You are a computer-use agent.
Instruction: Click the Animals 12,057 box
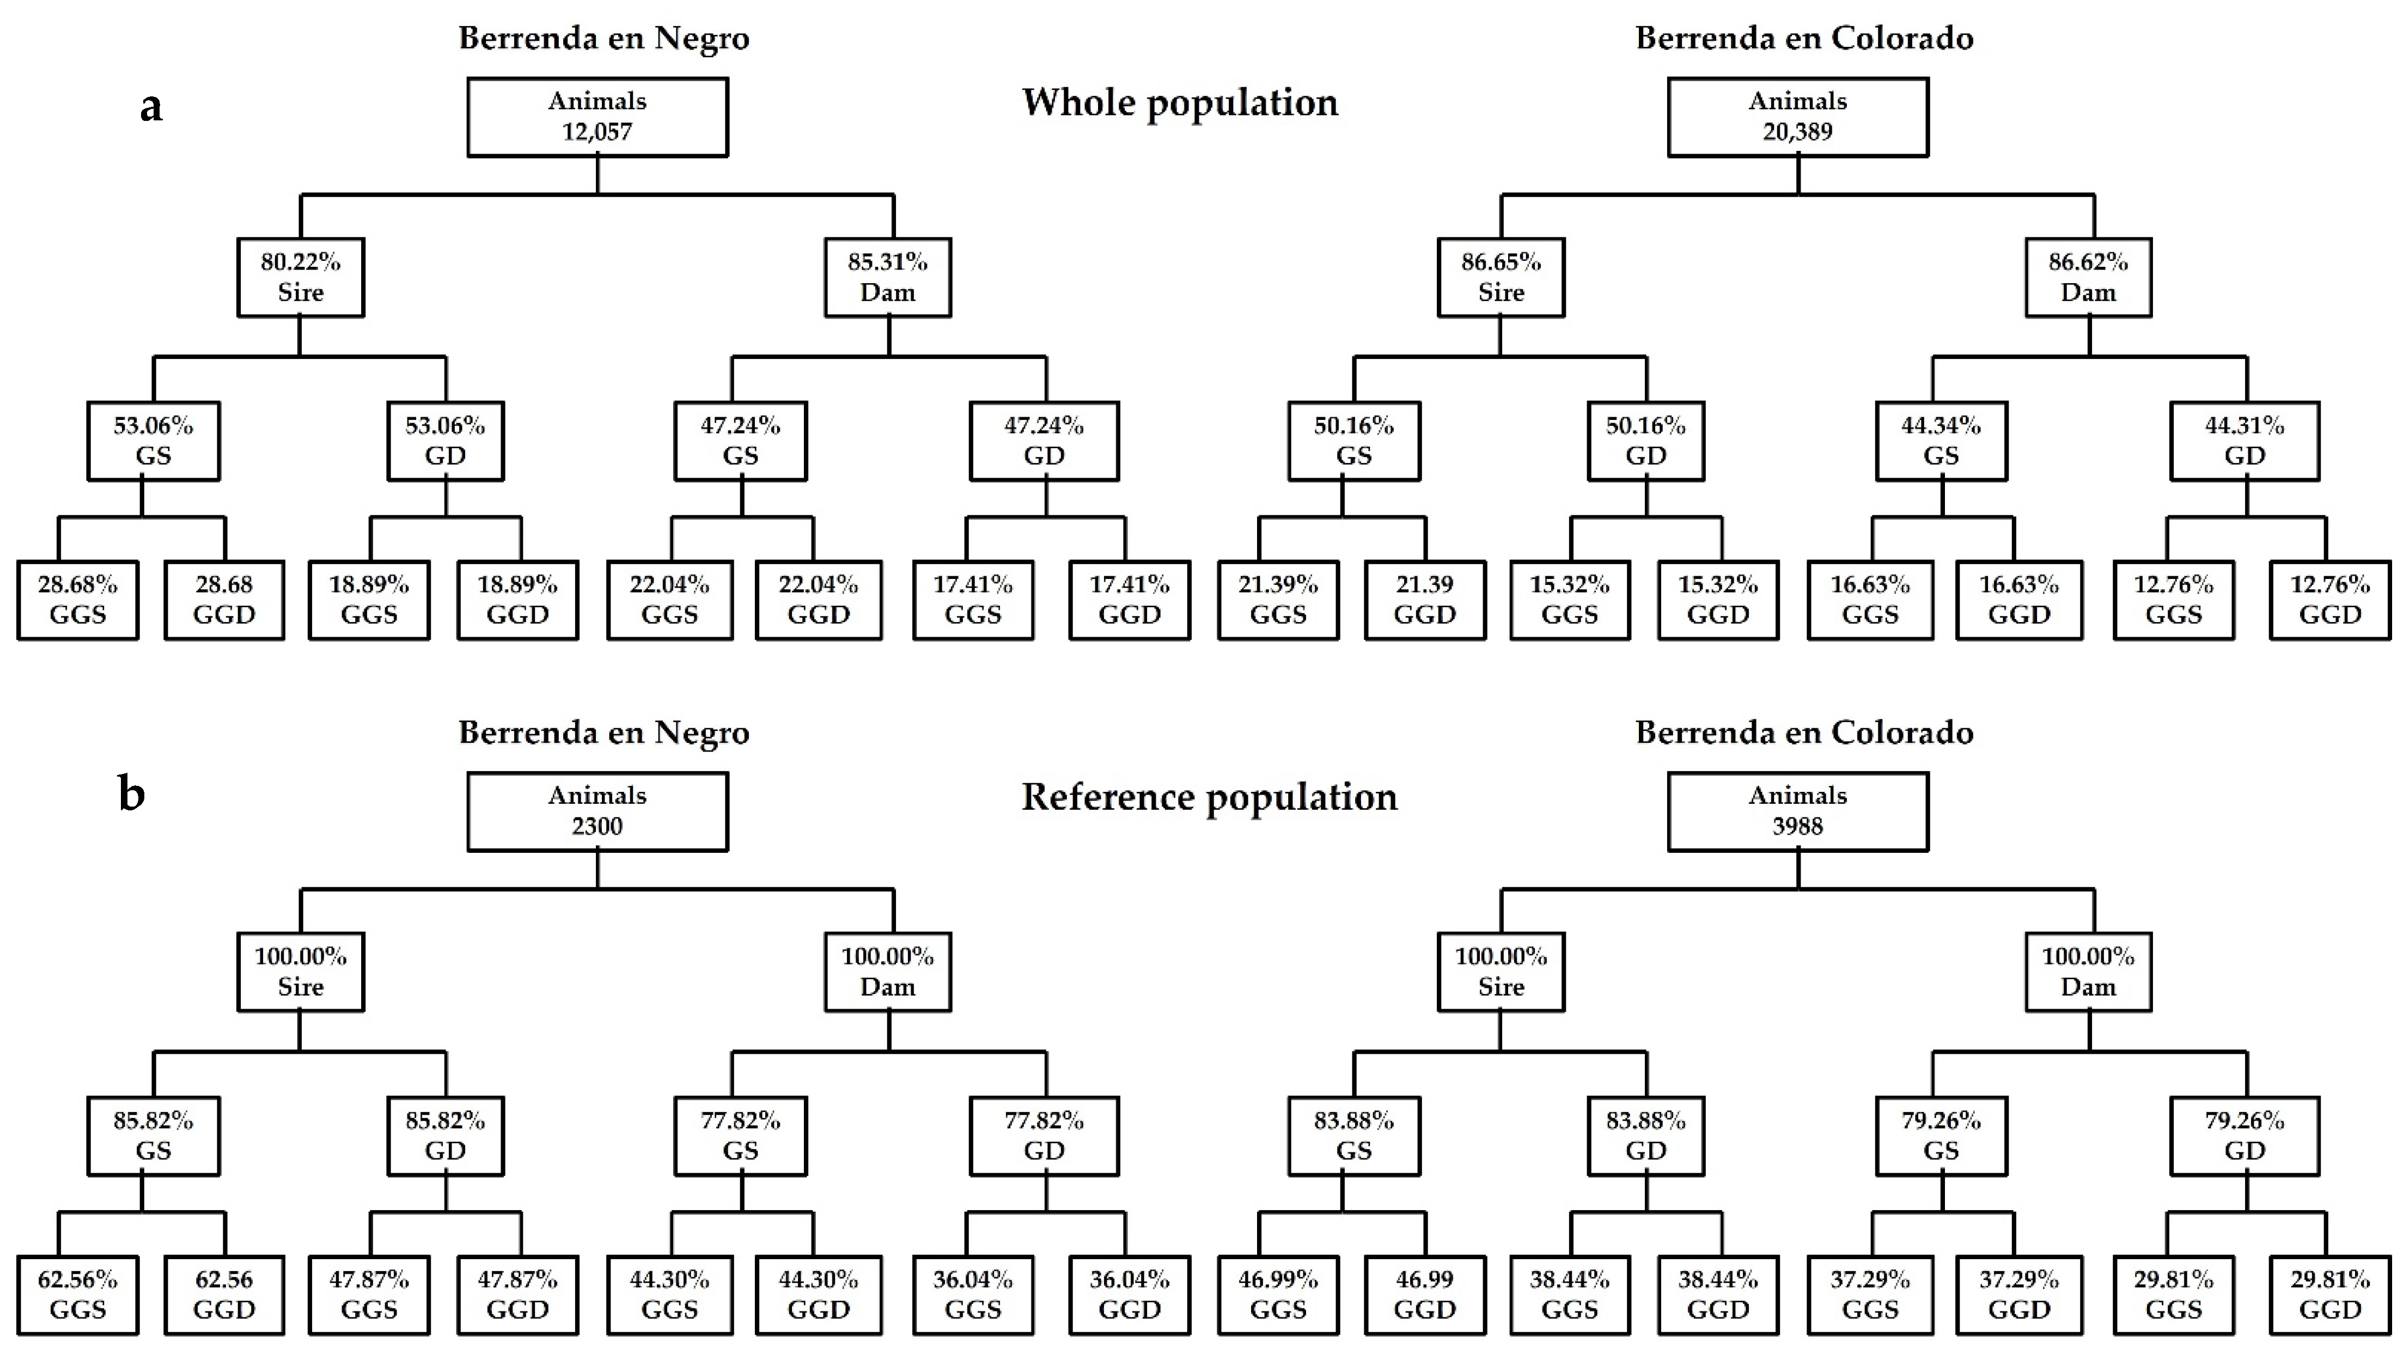[x=597, y=117]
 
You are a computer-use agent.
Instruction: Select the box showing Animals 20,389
[x=1797, y=117]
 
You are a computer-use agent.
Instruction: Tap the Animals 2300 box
[x=597, y=811]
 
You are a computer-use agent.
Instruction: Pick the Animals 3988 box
[x=1797, y=811]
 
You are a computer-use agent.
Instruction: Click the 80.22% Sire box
[x=301, y=277]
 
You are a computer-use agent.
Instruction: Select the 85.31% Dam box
[x=888, y=277]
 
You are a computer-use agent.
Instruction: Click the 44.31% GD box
[x=2245, y=441]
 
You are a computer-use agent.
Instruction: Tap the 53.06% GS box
[x=154, y=441]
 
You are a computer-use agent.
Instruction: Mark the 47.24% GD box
[x=1044, y=441]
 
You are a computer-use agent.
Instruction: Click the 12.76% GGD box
[x=2330, y=600]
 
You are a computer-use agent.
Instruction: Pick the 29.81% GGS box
[x=2173, y=1295]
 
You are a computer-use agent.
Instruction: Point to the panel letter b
[x=131, y=794]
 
